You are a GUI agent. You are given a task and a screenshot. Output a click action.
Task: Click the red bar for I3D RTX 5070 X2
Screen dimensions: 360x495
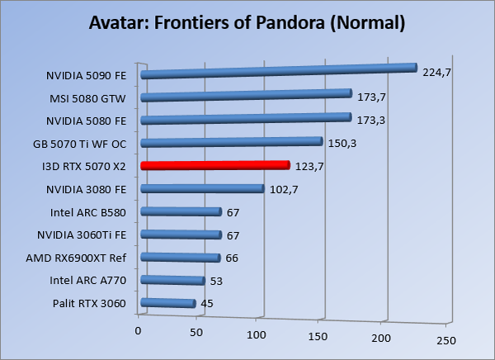pyautogui.click(x=214, y=165)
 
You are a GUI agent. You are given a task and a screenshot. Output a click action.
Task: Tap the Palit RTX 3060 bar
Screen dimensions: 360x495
pyautogui.click(x=168, y=303)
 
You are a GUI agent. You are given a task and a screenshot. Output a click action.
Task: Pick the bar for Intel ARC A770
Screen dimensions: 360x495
pyautogui.click(x=172, y=281)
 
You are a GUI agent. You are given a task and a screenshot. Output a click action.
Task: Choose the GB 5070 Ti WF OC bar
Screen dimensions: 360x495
pyautogui.click(x=231, y=142)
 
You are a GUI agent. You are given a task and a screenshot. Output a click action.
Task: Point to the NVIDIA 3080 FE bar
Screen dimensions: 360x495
pyautogui.click(x=202, y=188)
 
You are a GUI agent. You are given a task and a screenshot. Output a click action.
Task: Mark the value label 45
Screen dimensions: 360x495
pyautogui.click(x=208, y=304)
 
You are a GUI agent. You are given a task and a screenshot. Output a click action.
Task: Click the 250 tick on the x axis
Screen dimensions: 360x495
pyautogui.click(x=445, y=339)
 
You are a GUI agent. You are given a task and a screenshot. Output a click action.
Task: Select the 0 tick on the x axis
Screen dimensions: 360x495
pyautogui.click(x=139, y=331)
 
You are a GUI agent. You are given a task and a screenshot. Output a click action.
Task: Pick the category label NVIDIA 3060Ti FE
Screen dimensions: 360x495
pyautogui.click(x=82, y=234)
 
